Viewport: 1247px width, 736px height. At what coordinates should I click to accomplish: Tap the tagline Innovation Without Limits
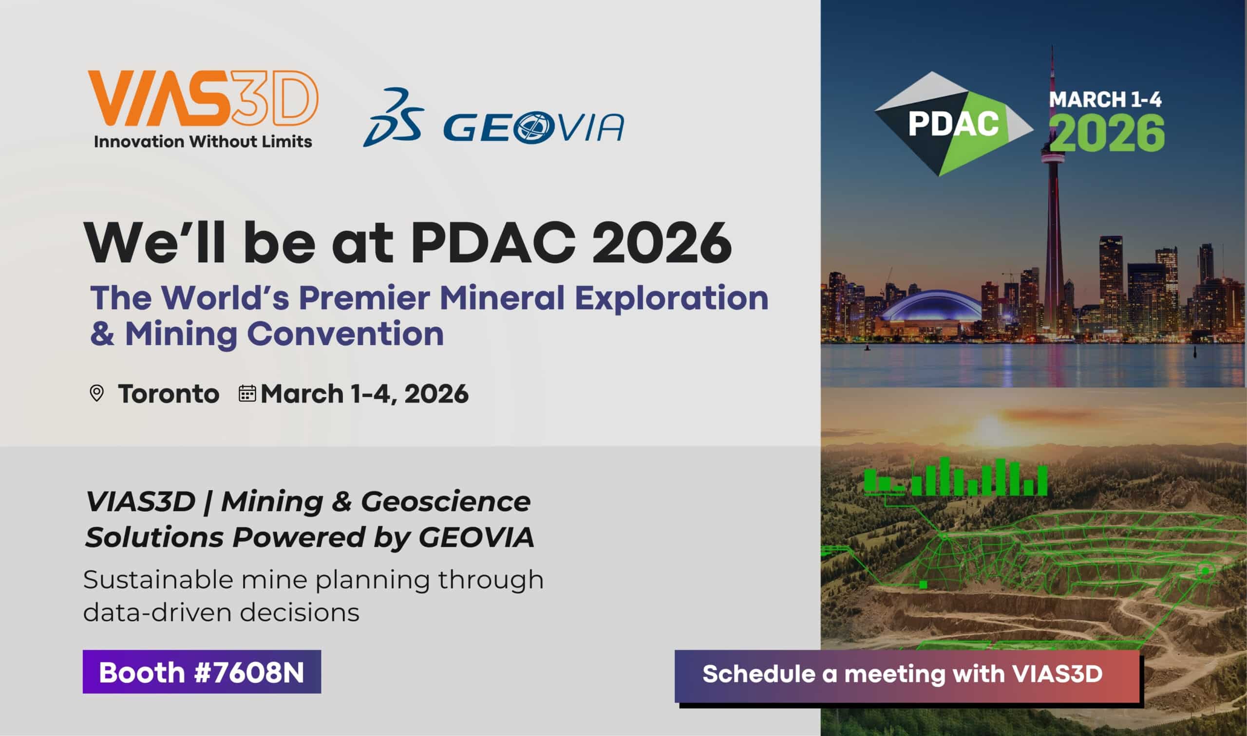[203, 142]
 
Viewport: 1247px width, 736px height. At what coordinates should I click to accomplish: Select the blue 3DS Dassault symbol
[393, 117]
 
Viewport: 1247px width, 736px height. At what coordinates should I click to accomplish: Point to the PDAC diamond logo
[952, 124]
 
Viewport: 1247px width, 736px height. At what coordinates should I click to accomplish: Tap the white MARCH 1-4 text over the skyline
[1105, 100]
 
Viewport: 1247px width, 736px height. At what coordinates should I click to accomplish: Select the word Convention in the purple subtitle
[345, 334]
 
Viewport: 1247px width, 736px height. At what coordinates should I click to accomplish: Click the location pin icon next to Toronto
[96, 393]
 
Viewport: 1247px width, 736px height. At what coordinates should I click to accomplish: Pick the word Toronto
[169, 394]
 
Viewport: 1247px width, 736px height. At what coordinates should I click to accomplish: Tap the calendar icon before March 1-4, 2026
[247, 393]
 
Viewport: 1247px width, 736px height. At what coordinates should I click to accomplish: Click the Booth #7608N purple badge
[202, 672]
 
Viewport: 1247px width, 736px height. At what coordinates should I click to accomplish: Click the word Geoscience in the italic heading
[445, 501]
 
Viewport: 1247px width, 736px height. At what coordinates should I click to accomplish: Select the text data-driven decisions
[221, 612]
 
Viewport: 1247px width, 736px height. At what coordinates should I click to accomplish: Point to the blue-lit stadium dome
[930, 307]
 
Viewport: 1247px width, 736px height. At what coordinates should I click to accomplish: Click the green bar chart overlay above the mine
[955, 477]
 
